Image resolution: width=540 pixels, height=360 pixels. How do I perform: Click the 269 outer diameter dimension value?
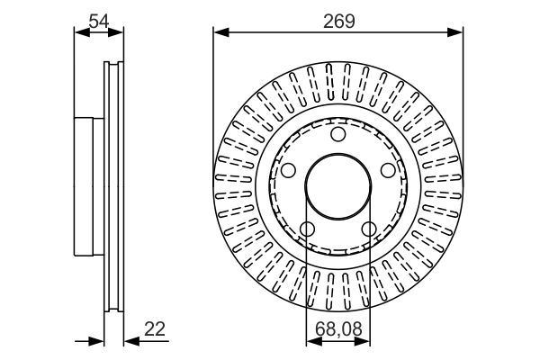pos(339,20)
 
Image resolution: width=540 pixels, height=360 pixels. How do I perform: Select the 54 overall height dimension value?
pos(99,20)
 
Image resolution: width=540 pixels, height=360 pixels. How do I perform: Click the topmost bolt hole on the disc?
pos(338,135)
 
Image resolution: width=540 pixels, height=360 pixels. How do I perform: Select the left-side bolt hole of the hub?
pos(288,171)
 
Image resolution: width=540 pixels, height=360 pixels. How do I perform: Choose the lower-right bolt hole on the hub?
pos(369,229)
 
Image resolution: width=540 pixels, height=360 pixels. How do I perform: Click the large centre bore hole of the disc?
pos(338,187)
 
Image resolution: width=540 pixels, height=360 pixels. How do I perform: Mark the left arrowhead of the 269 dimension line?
pos(220,32)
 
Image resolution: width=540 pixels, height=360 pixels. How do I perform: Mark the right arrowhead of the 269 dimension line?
pos(457,32)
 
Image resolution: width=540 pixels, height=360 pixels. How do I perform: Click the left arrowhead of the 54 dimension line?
pos(79,32)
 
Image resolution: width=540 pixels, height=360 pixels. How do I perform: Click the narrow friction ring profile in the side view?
pos(113,186)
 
